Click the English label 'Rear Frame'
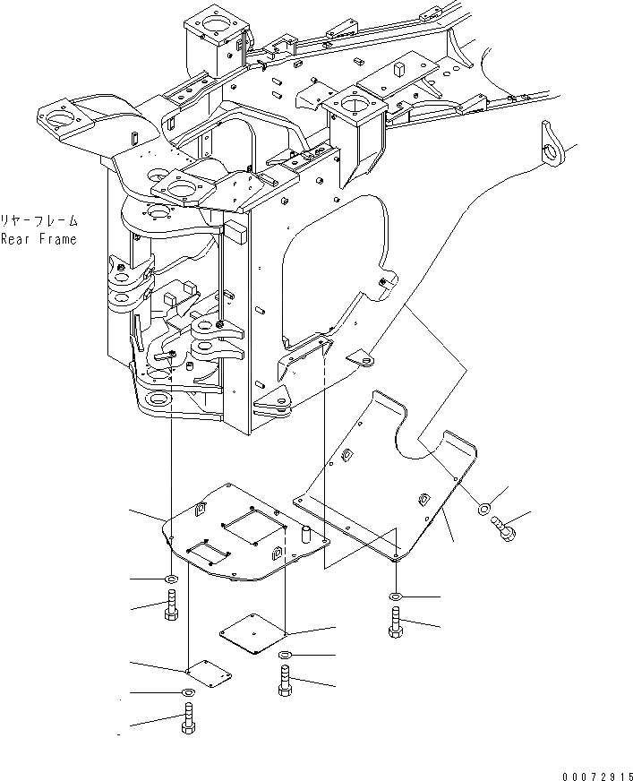click(x=38, y=239)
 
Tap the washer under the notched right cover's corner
click(x=396, y=596)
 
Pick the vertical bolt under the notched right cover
click(x=396, y=621)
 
